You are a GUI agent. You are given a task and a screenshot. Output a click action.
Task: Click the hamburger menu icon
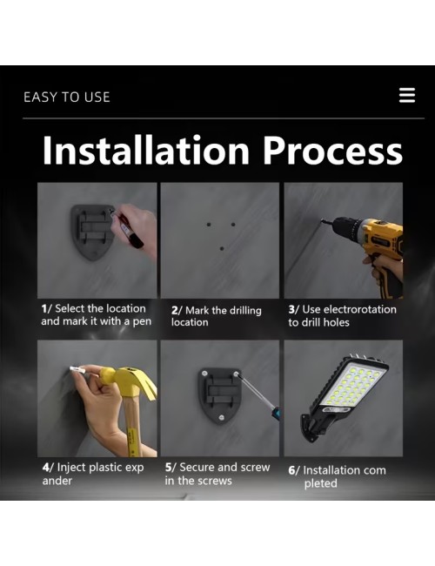[x=407, y=95]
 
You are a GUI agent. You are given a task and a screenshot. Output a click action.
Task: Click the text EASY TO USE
[x=67, y=98]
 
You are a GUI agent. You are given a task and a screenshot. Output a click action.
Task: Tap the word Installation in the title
[x=146, y=150]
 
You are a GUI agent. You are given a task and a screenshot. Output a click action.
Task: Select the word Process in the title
[x=332, y=151]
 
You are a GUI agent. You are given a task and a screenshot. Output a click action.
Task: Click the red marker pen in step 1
[x=127, y=228]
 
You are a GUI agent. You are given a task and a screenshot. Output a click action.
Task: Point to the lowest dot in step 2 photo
[x=222, y=248]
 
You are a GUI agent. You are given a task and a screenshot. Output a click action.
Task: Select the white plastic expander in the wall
[x=77, y=369]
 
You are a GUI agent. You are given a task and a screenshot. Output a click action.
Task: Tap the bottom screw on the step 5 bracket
[x=222, y=418]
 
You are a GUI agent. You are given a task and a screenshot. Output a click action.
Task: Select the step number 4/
[x=48, y=468]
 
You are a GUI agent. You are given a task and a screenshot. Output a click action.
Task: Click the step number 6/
[x=294, y=470]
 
